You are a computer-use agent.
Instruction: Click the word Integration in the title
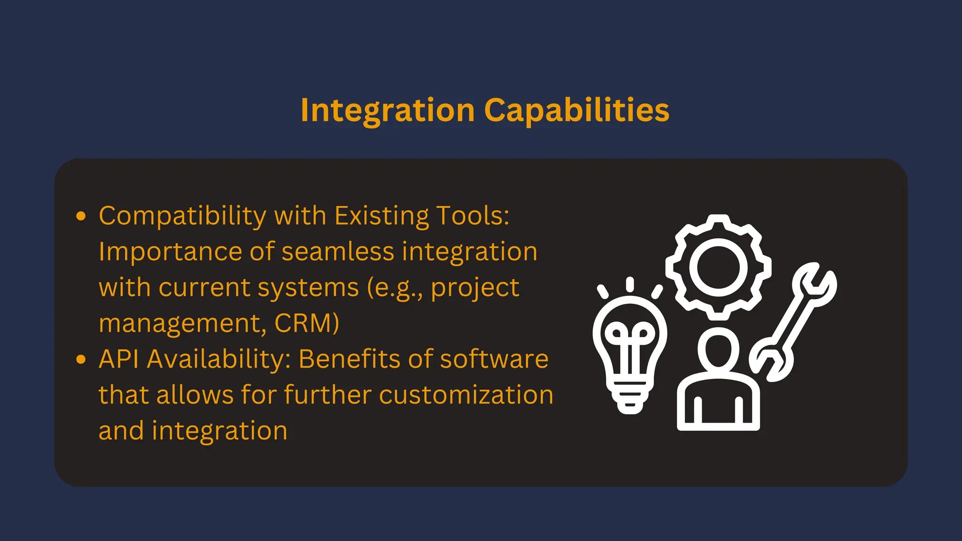tap(388, 111)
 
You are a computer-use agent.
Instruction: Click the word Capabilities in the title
tap(576, 111)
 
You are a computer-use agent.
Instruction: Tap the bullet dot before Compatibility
tap(81, 216)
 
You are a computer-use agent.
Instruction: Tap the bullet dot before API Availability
tap(81, 360)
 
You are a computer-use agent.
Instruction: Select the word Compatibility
tap(182, 216)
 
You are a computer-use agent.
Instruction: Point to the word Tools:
tap(473, 216)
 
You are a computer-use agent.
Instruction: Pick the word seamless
tap(338, 252)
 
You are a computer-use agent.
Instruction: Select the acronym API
tap(119, 359)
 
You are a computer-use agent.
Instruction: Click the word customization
tap(466, 395)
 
